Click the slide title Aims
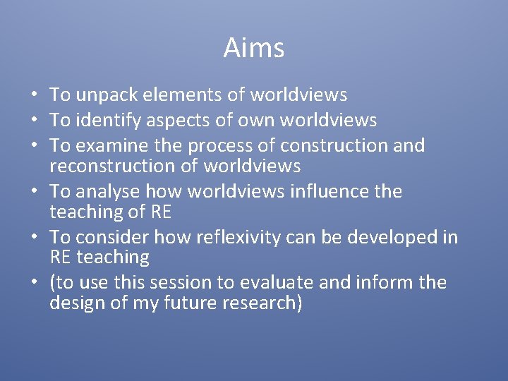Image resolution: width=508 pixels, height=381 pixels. click(254, 49)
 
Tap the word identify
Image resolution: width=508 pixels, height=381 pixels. click(107, 121)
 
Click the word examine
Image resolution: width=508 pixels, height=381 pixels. click(110, 146)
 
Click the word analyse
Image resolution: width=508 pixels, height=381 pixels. click(107, 191)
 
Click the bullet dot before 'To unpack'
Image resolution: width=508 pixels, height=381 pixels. click(35, 95)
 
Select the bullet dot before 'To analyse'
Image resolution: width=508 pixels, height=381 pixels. click(35, 192)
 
